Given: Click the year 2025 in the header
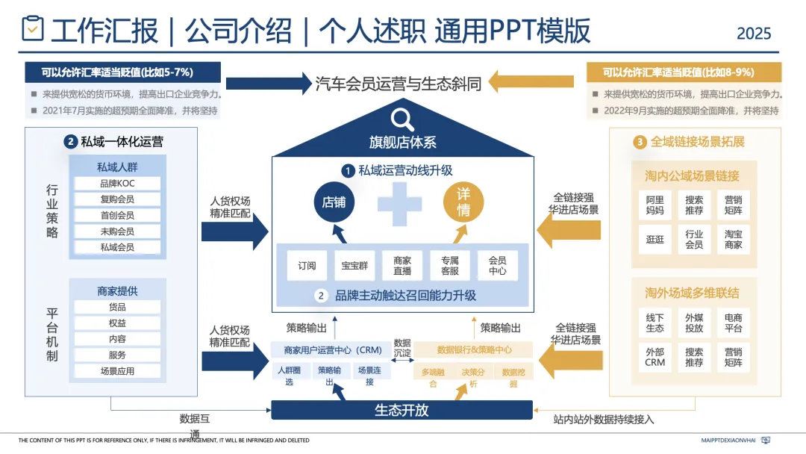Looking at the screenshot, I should coord(754,34).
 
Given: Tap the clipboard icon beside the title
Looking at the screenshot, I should coord(33,29).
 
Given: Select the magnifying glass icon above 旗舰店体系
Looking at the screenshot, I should coord(402,119).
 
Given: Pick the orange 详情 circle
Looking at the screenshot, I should coord(463,202).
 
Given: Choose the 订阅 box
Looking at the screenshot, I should coord(307,266).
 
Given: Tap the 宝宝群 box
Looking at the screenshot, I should coord(354,266).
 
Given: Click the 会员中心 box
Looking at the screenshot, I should coord(497,266).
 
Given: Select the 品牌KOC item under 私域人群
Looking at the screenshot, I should coord(117,184).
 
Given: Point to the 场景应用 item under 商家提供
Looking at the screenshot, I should coord(117,371).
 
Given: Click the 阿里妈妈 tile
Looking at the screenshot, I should coord(655,205).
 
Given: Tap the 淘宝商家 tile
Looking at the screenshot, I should coord(734,239).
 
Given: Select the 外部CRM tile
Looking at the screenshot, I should coord(655,357).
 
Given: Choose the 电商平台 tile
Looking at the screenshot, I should coord(734,323).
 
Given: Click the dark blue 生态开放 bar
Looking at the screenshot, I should coord(402,410).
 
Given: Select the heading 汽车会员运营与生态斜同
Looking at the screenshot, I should coord(399,83).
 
